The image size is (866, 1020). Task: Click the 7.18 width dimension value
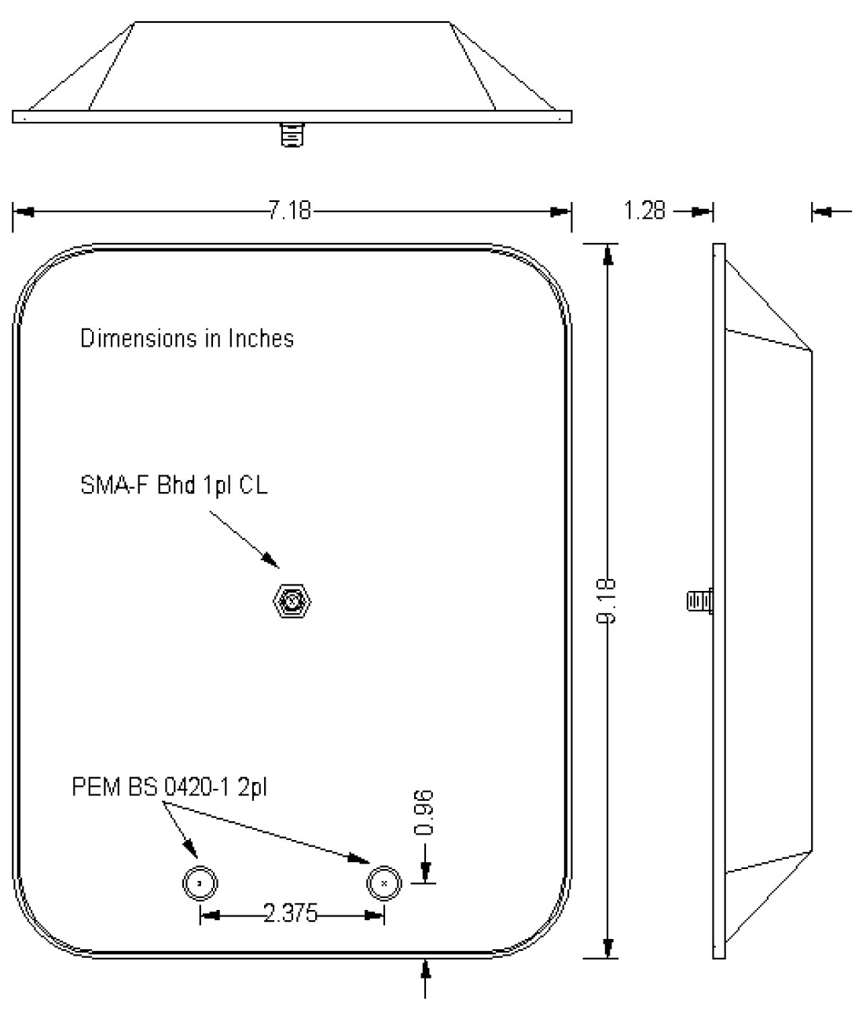(x=289, y=211)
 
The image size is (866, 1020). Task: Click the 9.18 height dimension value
(x=607, y=600)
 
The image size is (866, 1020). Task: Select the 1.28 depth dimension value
(x=644, y=211)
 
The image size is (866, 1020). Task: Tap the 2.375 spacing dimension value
(x=291, y=913)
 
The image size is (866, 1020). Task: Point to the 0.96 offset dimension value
(x=425, y=813)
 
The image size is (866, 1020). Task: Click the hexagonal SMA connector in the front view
(x=290, y=603)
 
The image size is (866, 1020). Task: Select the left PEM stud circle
(x=200, y=885)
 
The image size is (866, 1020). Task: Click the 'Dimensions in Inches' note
(x=187, y=339)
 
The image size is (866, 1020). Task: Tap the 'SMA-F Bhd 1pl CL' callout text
(x=174, y=486)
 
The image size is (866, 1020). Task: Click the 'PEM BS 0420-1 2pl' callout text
(x=169, y=787)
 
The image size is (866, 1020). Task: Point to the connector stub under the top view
(x=291, y=135)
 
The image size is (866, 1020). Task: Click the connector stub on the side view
(x=699, y=602)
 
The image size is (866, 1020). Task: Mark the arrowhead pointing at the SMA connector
(x=270, y=560)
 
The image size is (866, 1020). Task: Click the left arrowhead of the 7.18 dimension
(x=24, y=211)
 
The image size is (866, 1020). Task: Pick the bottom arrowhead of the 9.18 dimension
(x=607, y=947)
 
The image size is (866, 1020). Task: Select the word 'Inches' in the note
(x=261, y=339)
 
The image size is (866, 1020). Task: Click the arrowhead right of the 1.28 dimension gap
(x=822, y=211)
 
